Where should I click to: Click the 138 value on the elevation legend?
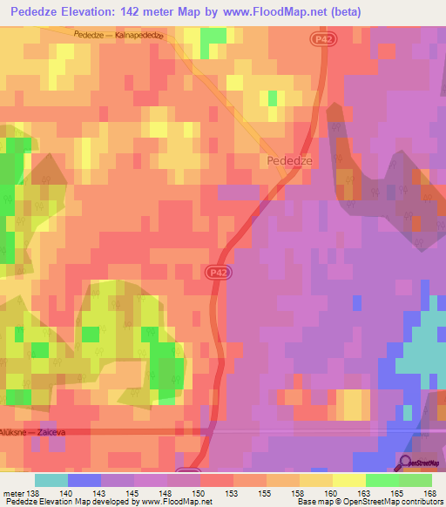[x=34, y=493]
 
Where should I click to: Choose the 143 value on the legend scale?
[x=101, y=493]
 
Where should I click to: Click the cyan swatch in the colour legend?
[x=51, y=480]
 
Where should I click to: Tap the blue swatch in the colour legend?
[x=84, y=480]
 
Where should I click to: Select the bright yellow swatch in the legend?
[x=348, y=480]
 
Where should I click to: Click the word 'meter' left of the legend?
[x=14, y=493]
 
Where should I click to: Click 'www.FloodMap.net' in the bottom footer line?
[x=175, y=502]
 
